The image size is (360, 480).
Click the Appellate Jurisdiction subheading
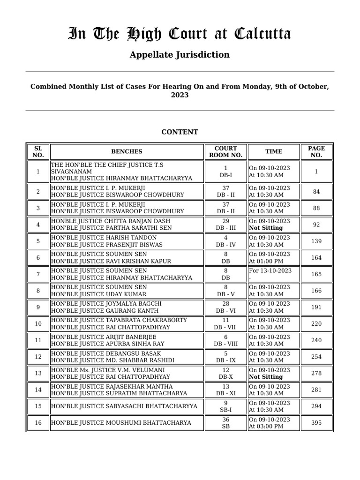point(180,55)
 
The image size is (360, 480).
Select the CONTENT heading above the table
point(180,132)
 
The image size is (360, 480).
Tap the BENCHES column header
point(127,151)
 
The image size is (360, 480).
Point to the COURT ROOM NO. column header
point(225,151)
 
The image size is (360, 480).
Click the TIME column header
point(274,151)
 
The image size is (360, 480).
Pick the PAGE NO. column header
point(316,151)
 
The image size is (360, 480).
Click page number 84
point(316,191)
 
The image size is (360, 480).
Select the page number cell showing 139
point(316,241)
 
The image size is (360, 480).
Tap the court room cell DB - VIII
point(225,344)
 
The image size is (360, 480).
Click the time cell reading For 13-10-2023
point(270,270)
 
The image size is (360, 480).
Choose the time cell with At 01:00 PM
point(266,261)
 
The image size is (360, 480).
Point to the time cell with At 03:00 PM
point(266,427)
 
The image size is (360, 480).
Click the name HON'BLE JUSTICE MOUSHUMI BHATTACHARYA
point(121,423)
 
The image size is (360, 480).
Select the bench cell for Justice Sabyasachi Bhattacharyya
point(124,406)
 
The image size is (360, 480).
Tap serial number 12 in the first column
point(38,357)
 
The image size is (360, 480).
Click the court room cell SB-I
point(225,410)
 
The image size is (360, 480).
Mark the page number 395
point(316,423)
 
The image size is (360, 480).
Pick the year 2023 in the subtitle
point(180,95)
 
